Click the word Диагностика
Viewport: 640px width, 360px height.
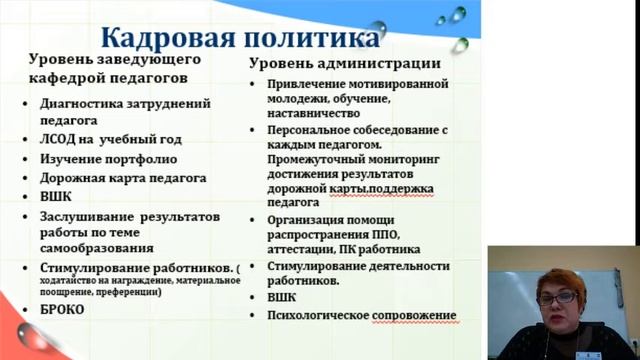click(86, 103)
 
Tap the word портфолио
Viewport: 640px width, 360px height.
click(144, 158)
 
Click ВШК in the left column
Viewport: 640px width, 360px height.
click(58, 196)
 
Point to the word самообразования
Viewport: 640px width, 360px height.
click(97, 247)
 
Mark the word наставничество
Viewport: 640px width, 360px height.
click(315, 114)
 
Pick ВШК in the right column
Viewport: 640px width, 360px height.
click(284, 297)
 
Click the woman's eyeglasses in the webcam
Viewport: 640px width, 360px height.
click(558, 299)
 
